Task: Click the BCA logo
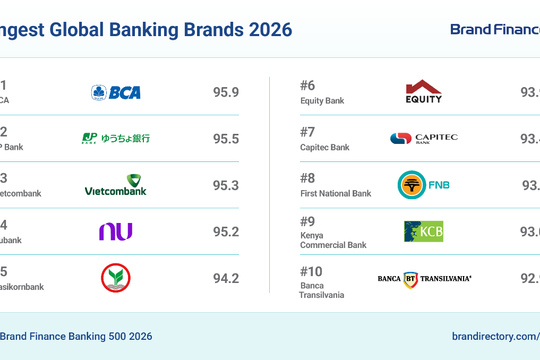pyautogui.click(x=116, y=92)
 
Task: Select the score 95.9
pyautogui.click(x=226, y=92)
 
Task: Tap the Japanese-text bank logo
pyautogui.click(x=115, y=138)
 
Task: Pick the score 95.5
pyautogui.click(x=226, y=138)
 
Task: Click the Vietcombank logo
pyautogui.click(x=115, y=185)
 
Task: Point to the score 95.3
pyautogui.click(x=226, y=185)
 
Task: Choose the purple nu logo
pyautogui.click(x=115, y=231)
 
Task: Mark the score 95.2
pyautogui.click(x=226, y=231)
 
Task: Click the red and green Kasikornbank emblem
pyautogui.click(x=115, y=277)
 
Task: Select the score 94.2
pyautogui.click(x=226, y=277)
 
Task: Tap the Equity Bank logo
pyautogui.click(x=423, y=92)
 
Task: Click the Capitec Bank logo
pyautogui.click(x=423, y=138)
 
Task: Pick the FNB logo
pyautogui.click(x=423, y=185)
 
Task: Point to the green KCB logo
pyautogui.click(x=423, y=231)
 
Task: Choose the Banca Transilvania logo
pyautogui.click(x=424, y=277)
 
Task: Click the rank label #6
pyautogui.click(x=309, y=85)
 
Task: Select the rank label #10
pyautogui.click(x=313, y=270)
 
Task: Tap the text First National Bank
pyautogui.click(x=335, y=193)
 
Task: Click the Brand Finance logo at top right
pyautogui.click(x=494, y=30)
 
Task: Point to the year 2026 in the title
pyautogui.click(x=266, y=30)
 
